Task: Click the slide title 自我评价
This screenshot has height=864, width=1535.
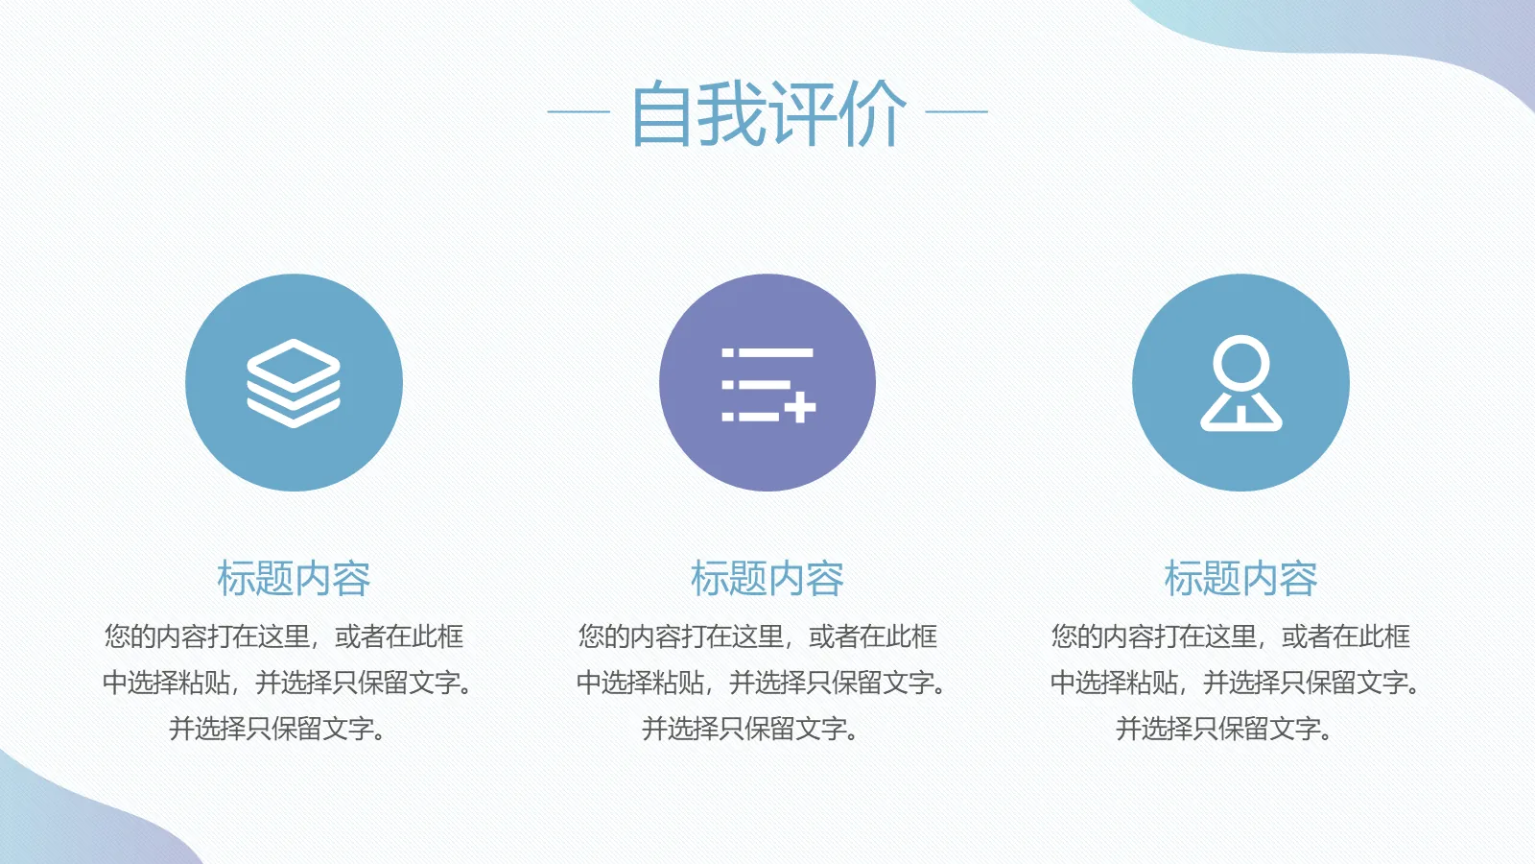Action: click(x=767, y=113)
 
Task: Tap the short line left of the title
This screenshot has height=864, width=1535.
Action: click(x=579, y=111)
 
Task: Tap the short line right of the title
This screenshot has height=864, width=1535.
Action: click(x=956, y=111)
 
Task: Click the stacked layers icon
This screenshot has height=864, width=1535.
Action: click(x=294, y=383)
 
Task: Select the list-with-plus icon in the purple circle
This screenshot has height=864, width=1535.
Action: click(x=767, y=384)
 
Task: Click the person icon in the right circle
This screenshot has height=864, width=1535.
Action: click(x=1240, y=383)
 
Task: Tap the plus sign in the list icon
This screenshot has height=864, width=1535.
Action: click(x=799, y=408)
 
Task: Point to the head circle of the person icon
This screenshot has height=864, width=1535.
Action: click(x=1240, y=362)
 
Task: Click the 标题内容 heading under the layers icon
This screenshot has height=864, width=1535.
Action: click(x=294, y=579)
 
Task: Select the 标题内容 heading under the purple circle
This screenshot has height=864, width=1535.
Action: click(x=767, y=579)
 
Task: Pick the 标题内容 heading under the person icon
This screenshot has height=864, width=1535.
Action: click(x=1240, y=579)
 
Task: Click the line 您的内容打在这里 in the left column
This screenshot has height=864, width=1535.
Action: click(x=284, y=636)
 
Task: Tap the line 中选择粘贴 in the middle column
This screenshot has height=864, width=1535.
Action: click(x=761, y=683)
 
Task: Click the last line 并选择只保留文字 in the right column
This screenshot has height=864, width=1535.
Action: click(x=1224, y=729)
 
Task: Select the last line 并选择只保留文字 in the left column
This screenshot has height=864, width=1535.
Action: click(x=277, y=729)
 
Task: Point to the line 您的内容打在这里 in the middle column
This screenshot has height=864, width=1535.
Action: click(x=758, y=636)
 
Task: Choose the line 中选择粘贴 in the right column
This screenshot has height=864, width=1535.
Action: click(x=1235, y=683)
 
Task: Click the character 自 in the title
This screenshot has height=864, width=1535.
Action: click(x=661, y=113)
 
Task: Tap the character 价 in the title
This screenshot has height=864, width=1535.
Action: click(x=872, y=113)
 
